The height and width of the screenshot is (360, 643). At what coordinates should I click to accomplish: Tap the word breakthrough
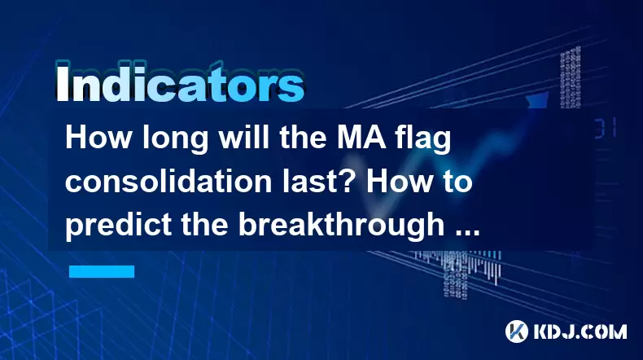pyautogui.click(x=342, y=226)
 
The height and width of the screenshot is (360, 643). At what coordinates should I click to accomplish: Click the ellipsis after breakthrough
pyautogui.click(x=467, y=233)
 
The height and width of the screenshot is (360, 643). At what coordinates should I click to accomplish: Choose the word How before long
pyautogui.click(x=98, y=138)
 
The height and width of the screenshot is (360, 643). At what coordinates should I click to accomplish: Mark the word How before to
pyautogui.click(x=400, y=182)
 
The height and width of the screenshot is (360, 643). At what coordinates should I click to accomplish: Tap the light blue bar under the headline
pyautogui.click(x=102, y=271)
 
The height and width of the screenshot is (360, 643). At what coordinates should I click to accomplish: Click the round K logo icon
pyautogui.click(x=517, y=331)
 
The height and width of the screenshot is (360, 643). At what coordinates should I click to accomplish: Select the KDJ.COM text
pyautogui.click(x=580, y=331)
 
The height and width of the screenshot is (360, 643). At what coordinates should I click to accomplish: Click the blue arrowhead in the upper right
pyautogui.click(x=539, y=99)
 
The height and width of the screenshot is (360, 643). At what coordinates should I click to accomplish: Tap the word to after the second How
pyautogui.click(x=457, y=182)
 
